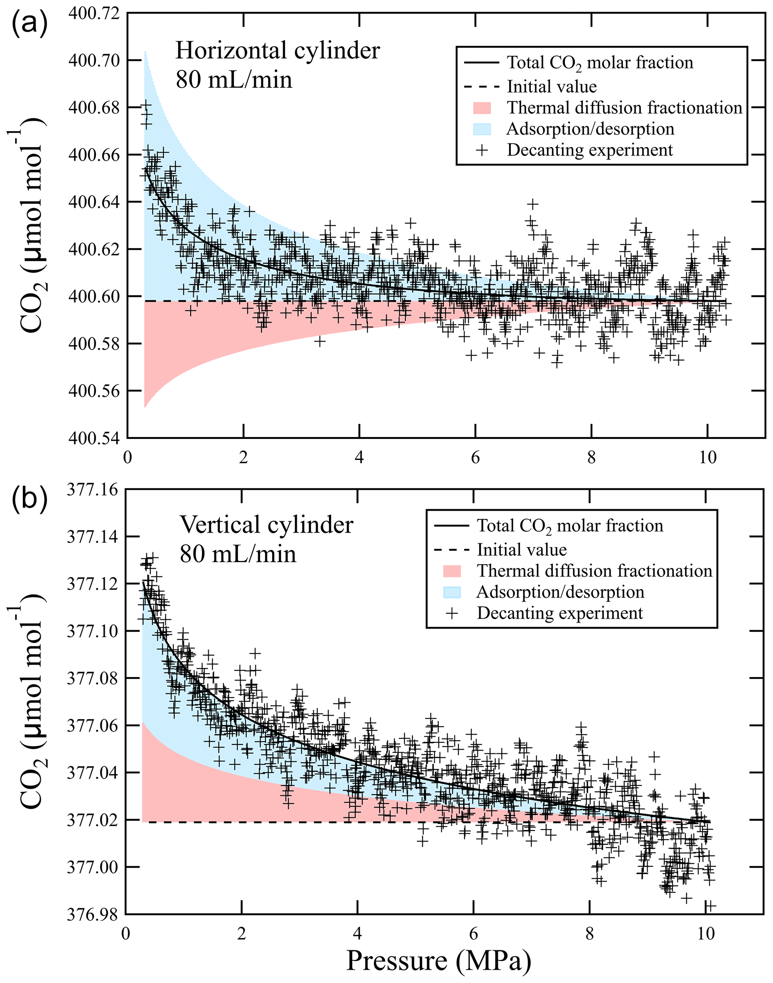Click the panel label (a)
click(30, 25)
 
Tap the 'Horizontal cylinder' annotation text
click(277, 50)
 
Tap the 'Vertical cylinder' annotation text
click(266, 525)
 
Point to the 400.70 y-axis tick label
click(94, 60)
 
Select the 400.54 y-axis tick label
click(94, 438)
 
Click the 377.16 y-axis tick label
click(93, 489)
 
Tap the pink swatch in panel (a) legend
click(482, 108)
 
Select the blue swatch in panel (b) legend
click(452, 592)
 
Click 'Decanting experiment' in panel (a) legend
click(590, 150)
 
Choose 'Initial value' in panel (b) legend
click(521, 550)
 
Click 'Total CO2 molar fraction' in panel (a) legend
click(599, 63)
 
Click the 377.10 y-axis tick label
click(93, 631)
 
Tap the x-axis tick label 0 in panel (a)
click(127, 458)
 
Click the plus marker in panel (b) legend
click(452, 614)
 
